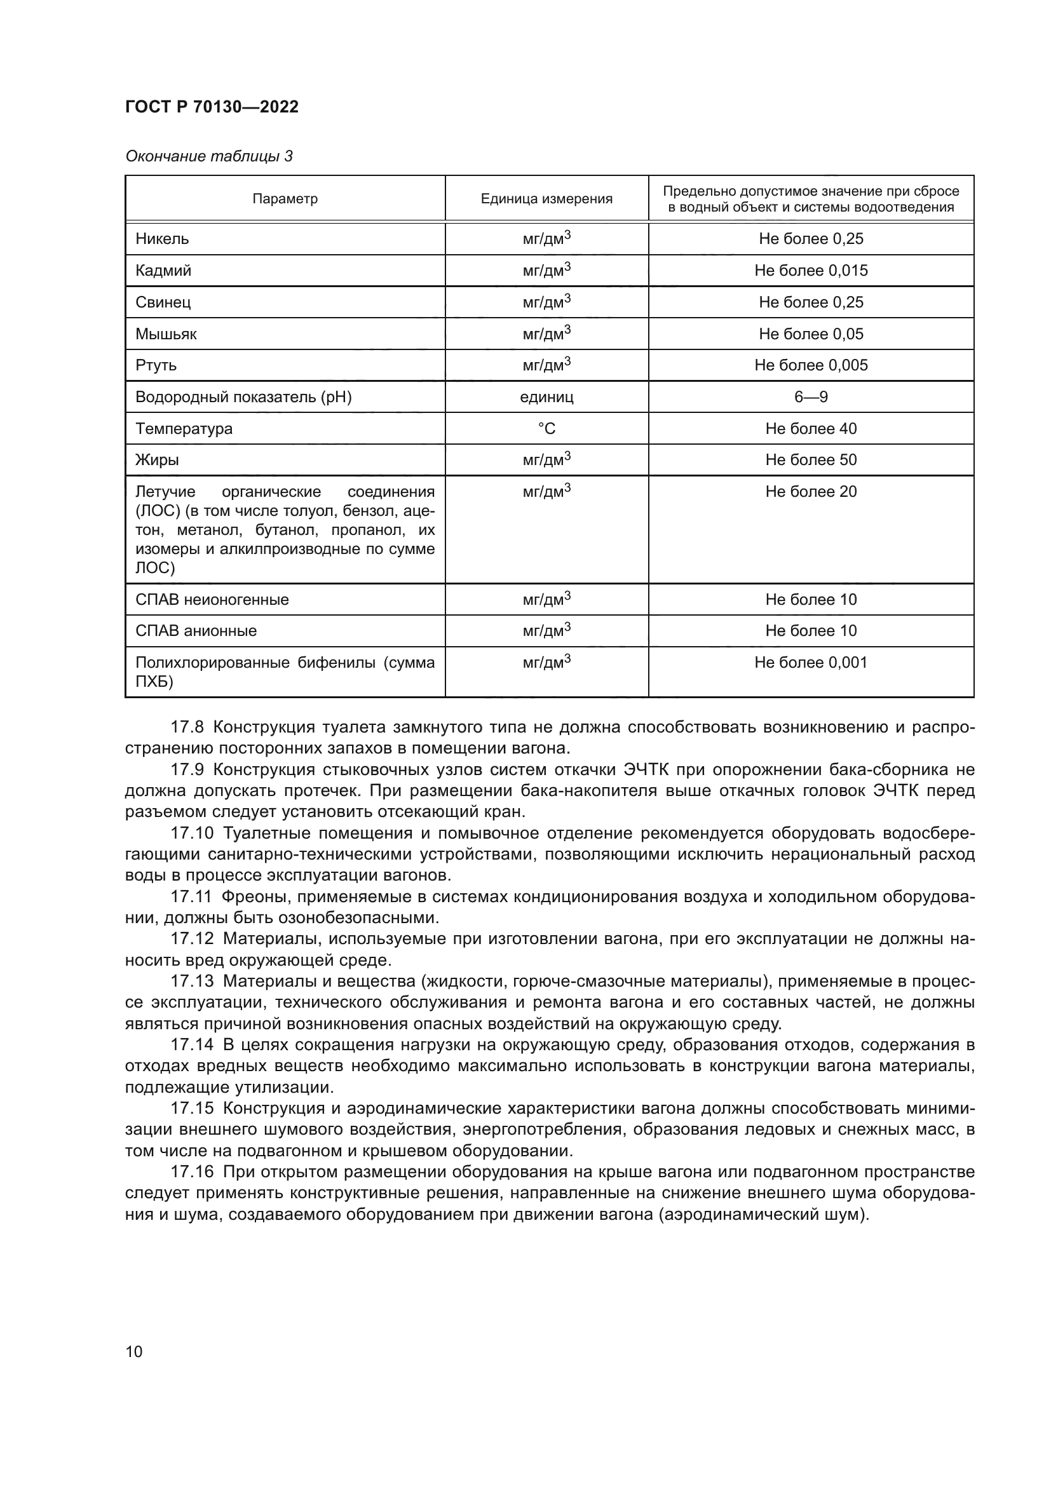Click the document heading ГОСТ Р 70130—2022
pyautogui.click(x=212, y=107)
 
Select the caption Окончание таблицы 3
pyautogui.click(x=208, y=157)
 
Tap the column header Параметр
pyautogui.click(x=285, y=199)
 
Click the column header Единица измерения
pyautogui.click(x=546, y=199)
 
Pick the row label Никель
pyautogui.click(x=163, y=239)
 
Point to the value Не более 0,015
pyautogui.click(x=810, y=271)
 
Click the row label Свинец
pyautogui.click(x=163, y=302)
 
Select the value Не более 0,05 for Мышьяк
pyautogui.click(x=810, y=334)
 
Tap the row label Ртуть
pyautogui.click(x=156, y=365)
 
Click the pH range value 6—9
pyautogui.click(x=810, y=396)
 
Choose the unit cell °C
pyautogui.click(x=546, y=428)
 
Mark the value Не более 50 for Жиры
pyautogui.click(x=810, y=460)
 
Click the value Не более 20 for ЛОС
pyautogui.click(x=810, y=492)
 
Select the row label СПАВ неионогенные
pyautogui.click(x=212, y=599)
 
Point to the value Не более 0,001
pyautogui.click(x=810, y=663)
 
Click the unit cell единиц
pyautogui.click(x=546, y=396)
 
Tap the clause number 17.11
pyautogui.click(x=191, y=897)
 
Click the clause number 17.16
pyautogui.click(x=191, y=1172)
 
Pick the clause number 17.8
pyautogui.click(x=187, y=727)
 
